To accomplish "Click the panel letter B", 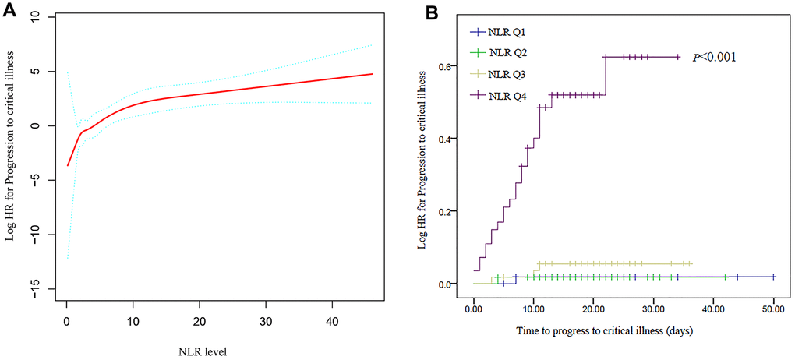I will click(431, 11).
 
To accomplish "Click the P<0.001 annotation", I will click(715, 57).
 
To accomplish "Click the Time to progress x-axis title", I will click(603, 330).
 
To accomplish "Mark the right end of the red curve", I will click(373, 74).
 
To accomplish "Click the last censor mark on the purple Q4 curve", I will click(678, 57).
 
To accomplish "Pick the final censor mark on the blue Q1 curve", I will click(773, 277).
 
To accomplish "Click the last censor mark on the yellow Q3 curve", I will click(690, 263).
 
